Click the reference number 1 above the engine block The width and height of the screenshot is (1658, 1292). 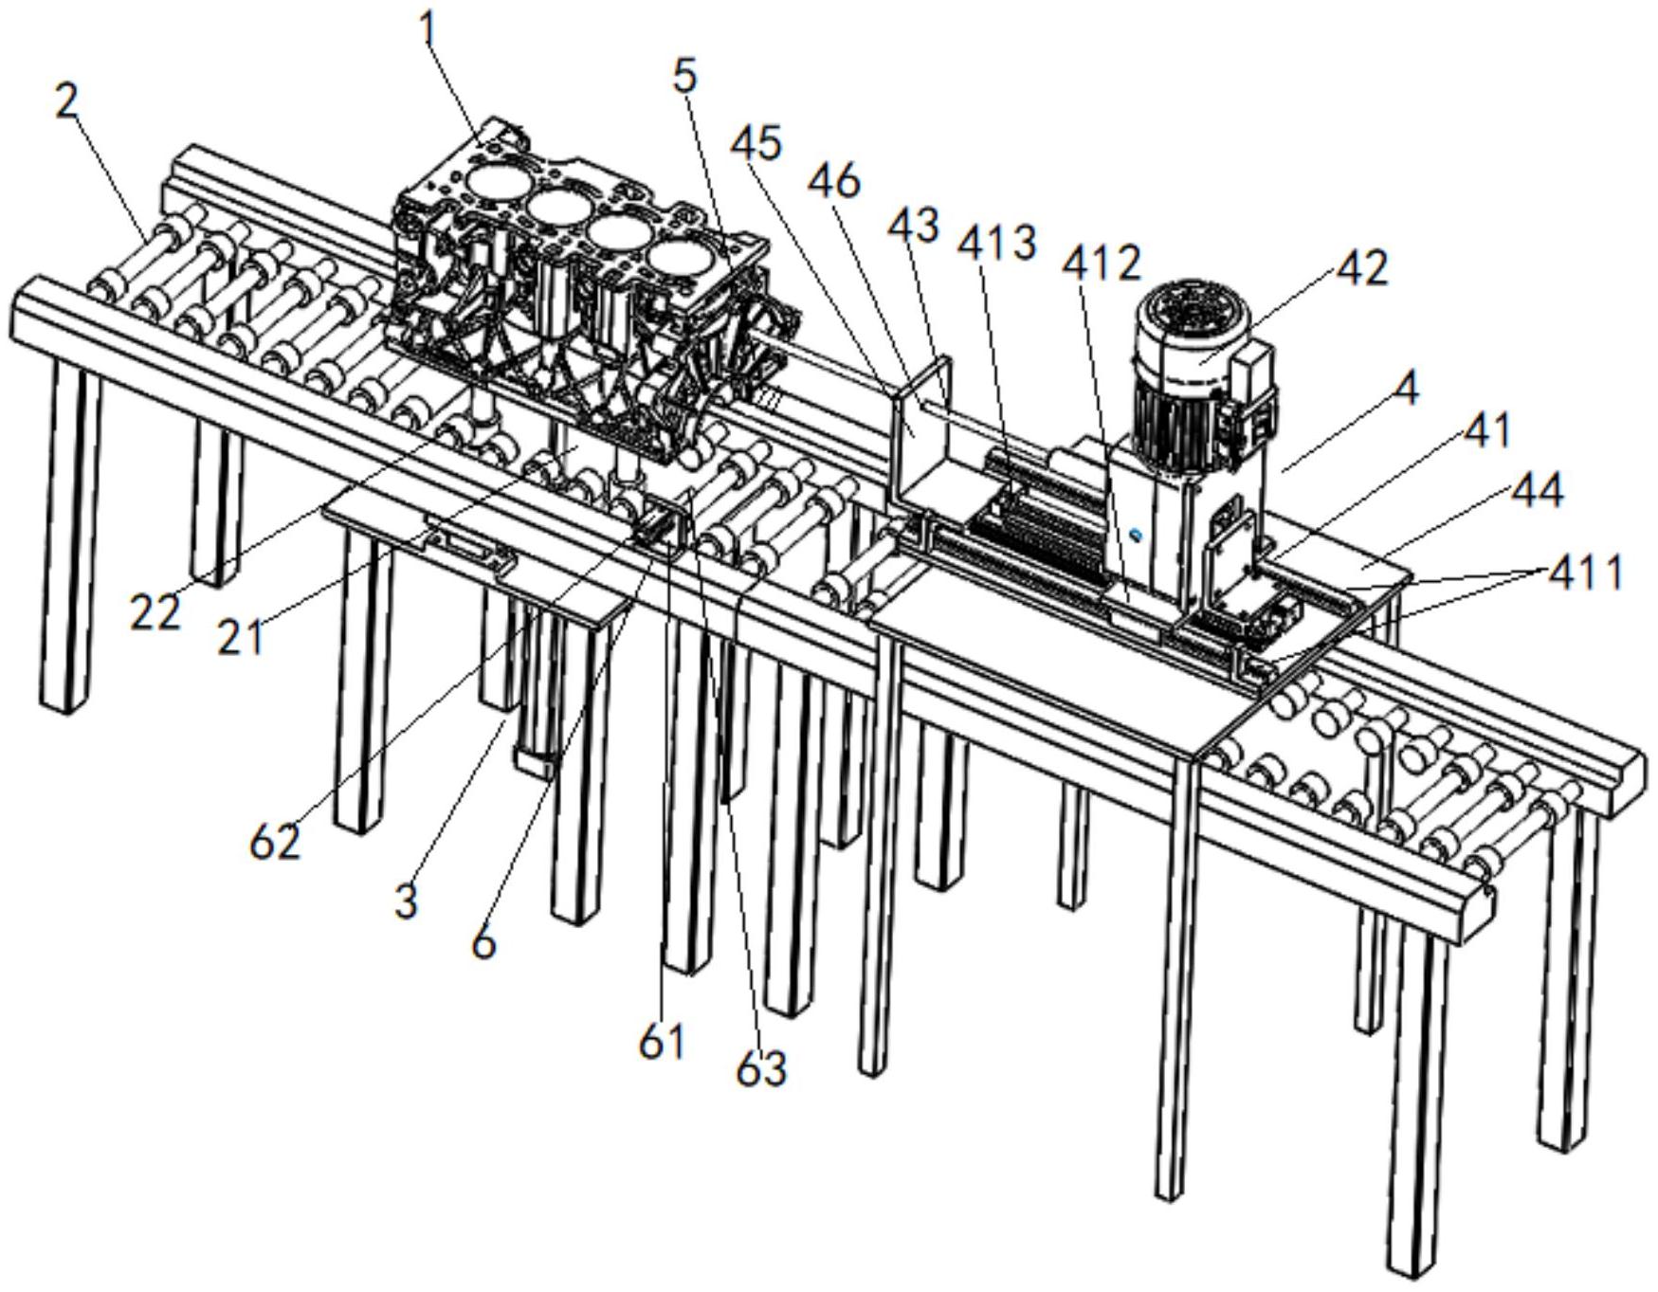pyautogui.click(x=430, y=30)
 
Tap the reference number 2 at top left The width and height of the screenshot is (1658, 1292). pyautogui.click(x=67, y=101)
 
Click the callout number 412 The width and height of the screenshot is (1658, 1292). pyautogui.click(x=1102, y=264)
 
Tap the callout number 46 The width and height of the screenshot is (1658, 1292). pyautogui.click(x=833, y=180)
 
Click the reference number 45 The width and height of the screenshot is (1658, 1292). pyautogui.click(x=756, y=144)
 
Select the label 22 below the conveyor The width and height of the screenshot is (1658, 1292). pyautogui.click(x=155, y=614)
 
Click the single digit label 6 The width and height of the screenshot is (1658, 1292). pyautogui.click(x=483, y=943)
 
